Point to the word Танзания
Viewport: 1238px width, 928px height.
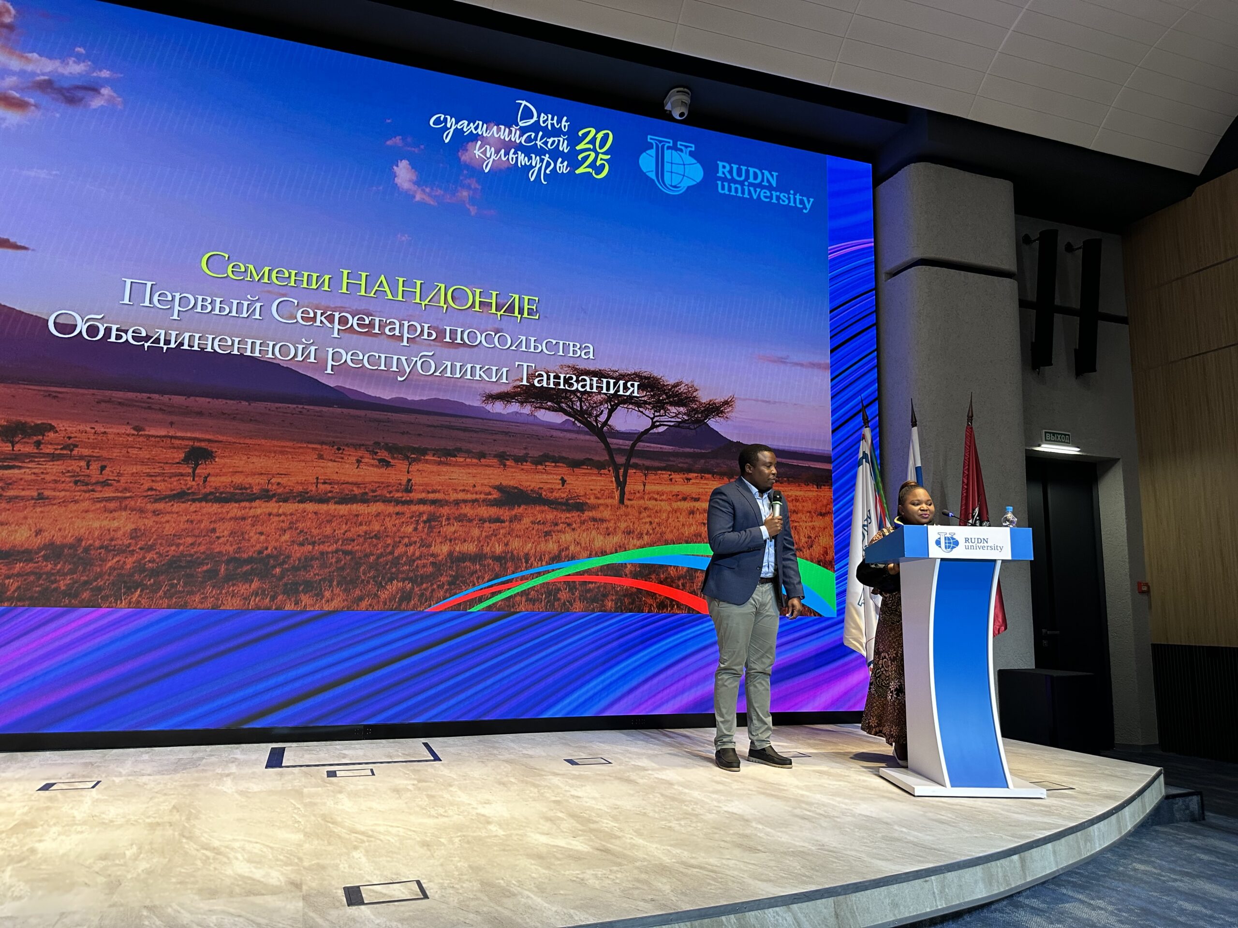(x=575, y=381)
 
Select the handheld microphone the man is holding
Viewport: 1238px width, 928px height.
(x=776, y=508)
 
